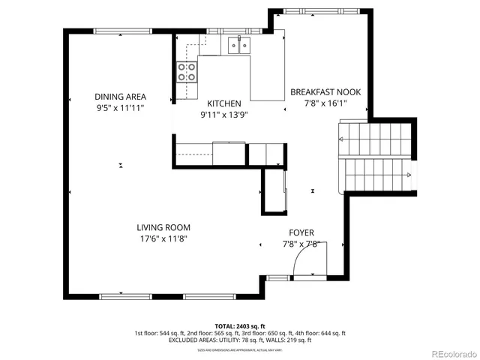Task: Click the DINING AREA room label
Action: [120, 97]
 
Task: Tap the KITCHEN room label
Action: [224, 103]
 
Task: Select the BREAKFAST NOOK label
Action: [325, 92]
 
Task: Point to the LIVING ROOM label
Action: [163, 227]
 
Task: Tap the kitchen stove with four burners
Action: [187, 72]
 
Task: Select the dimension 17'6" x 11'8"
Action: [163, 239]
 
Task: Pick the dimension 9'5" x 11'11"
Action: [120, 109]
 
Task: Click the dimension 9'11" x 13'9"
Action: [224, 115]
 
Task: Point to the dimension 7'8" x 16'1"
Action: [325, 104]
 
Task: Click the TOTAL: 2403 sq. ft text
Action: [239, 325]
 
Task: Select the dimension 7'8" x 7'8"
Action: [301, 244]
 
